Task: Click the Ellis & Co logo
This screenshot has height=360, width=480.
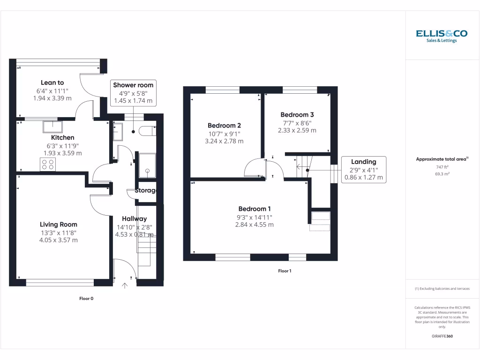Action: pyautogui.click(x=442, y=36)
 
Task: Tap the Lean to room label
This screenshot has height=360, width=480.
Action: pyautogui.click(x=52, y=82)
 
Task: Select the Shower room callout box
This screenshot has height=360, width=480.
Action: pyautogui.click(x=133, y=93)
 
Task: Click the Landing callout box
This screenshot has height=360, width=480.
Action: pyautogui.click(x=364, y=170)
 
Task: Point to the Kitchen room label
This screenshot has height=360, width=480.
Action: pyautogui.click(x=62, y=137)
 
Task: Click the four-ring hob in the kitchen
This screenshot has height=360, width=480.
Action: pyautogui.click(x=48, y=165)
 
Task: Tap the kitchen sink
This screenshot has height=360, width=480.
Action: pyautogui.click(x=52, y=127)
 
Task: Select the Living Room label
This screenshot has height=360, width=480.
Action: pyautogui.click(x=58, y=224)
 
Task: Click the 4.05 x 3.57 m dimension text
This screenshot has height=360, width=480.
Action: pyautogui.click(x=59, y=240)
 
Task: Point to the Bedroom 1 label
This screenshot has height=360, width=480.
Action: pyautogui.click(x=254, y=209)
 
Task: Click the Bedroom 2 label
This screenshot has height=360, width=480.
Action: pyautogui.click(x=224, y=125)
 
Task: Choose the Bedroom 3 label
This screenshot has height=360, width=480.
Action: pyautogui.click(x=297, y=114)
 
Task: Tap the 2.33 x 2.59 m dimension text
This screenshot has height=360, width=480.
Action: pyautogui.click(x=297, y=130)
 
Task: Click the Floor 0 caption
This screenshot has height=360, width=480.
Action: pyautogui.click(x=86, y=298)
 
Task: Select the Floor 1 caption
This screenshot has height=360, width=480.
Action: pyautogui.click(x=285, y=271)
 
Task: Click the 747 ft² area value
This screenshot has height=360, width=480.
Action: pyautogui.click(x=442, y=167)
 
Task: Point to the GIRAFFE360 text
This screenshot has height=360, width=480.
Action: pyautogui.click(x=442, y=336)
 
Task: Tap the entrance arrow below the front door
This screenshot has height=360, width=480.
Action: pyautogui.click(x=125, y=285)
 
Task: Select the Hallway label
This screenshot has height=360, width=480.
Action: pyautogui.click(x=134, y=218)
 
